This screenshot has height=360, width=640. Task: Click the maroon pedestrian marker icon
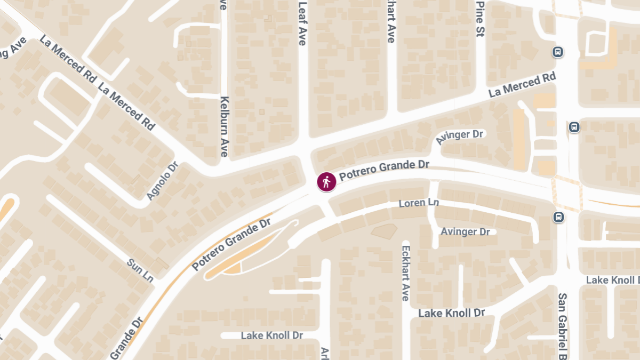[326, 182]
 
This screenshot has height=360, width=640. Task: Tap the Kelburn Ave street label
[225, 126]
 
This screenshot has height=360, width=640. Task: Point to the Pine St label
[479, 19]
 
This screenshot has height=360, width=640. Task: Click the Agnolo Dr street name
[162, 181]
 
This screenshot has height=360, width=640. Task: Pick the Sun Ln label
[140, 270]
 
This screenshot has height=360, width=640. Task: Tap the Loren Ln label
[420, 203]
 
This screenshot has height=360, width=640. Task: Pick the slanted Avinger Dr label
[459, 137]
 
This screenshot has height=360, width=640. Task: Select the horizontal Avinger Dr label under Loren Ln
[465, 231]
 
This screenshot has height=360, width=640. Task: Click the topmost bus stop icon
[558, 52]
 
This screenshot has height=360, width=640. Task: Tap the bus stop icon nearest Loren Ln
[558, 217]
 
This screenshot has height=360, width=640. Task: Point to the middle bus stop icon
[574, 127]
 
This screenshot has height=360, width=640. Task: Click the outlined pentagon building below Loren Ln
[384, 231]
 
